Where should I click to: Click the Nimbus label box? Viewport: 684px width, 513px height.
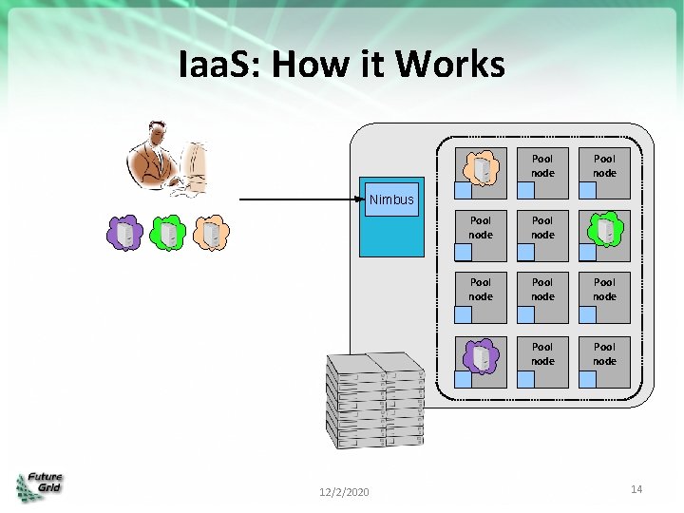coord(391,199)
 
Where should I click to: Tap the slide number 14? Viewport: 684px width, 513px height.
coord(636,488)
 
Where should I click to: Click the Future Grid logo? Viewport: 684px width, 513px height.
coord(39,485)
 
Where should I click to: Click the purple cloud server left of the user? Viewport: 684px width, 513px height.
coord(124,233)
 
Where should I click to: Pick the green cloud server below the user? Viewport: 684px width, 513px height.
coord(167,233)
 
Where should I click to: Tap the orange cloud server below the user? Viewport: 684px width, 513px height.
coord(210,233)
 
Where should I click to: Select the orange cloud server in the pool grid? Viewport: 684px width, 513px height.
coord(481,167)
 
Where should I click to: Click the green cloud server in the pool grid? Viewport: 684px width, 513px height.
coord(605,229)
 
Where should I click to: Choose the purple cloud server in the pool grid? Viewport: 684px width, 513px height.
coord(481,355)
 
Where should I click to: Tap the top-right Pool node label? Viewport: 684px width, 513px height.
coord(605,166)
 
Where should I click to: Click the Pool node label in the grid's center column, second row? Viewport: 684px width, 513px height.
coord(542,228)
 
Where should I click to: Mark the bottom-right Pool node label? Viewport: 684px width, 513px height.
coord(605,354)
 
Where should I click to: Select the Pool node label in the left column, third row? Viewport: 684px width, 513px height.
coord(481,290)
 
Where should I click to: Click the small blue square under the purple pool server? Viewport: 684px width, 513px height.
coord(463,379)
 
